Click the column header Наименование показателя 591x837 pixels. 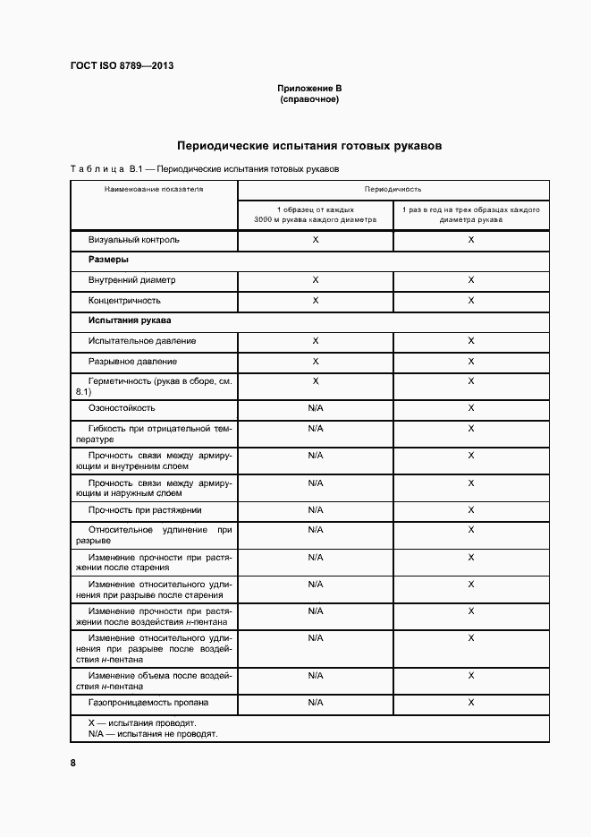point(153,190)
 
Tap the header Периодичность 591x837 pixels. point(393,190)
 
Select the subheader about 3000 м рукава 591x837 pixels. point(315,214)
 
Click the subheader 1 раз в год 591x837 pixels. point(470,214)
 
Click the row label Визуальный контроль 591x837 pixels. point(133,240)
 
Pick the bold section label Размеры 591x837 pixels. point(108,260)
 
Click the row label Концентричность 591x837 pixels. point(124,301)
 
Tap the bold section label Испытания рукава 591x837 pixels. point(130,320)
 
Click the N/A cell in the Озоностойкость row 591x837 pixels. point(315,407)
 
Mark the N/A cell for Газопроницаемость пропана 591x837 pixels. point(315,703)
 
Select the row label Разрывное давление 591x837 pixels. point(132,362)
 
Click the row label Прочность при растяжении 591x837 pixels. point(144,509)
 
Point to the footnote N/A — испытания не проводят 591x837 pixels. point(153,733)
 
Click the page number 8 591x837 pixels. point(73,763)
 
